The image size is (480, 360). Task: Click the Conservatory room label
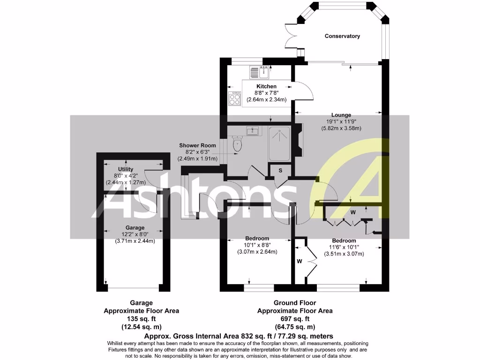(x=342, y=36)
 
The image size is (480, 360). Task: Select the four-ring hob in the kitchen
(x=234, y=98)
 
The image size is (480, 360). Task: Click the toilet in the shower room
(x=237, y=144)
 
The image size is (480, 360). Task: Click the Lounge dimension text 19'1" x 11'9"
(x=341, y=121)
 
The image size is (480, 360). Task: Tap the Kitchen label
(x=266, y=86)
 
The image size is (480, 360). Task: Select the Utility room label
(x=126, y=169)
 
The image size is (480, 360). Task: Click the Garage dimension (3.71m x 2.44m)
(x=135, y=241)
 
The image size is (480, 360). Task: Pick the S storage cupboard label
(x=280, y=170)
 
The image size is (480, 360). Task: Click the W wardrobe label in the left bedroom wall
(x=299, y=261)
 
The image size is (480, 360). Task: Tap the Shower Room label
(x=197, y=145)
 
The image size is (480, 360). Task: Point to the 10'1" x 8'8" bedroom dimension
(x=257, y=245)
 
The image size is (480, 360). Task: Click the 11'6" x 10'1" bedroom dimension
(x=344, y=247)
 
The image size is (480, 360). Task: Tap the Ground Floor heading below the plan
(x=295, y=303)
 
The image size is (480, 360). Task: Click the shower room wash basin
(x=253, y=130)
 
